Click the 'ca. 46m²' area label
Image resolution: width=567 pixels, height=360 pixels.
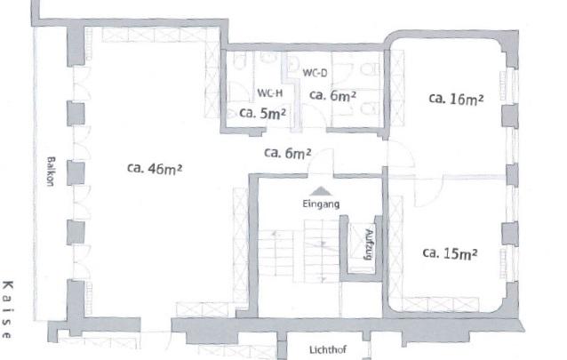(154, 167)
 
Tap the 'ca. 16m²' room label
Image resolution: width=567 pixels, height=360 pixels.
(455, 99)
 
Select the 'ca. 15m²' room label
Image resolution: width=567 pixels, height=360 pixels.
(450, 252)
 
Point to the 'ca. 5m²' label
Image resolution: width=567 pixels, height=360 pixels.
(262, 114)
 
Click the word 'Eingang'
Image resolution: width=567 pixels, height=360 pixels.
(320, 204)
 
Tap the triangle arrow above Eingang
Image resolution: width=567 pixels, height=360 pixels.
(320, 189)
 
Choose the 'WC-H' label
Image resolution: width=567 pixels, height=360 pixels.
(270, 92)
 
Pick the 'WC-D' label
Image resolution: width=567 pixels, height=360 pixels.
(315, 72)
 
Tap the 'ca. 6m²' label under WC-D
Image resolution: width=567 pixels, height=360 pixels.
(332, 95)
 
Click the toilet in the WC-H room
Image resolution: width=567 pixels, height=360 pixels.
(266, 60)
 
